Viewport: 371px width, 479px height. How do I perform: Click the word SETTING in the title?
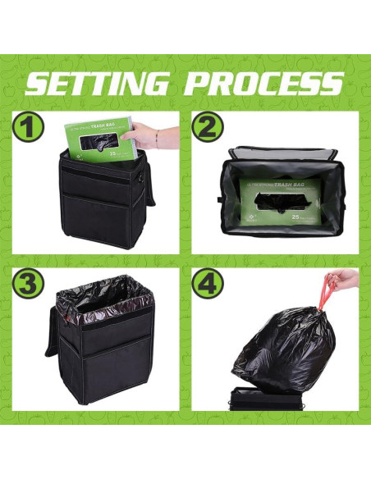pos(95,83)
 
